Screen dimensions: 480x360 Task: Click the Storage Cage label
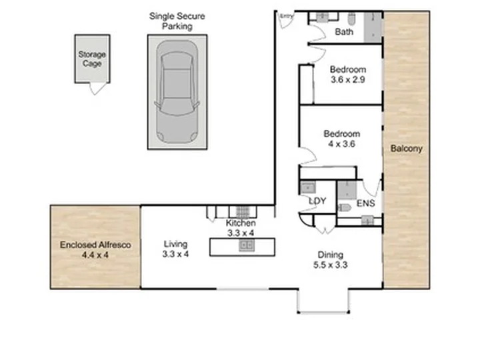92,59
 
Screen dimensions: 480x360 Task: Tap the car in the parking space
177,92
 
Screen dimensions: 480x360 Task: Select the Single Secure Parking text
177,21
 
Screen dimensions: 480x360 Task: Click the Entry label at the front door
287,16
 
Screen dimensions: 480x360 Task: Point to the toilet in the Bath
352,19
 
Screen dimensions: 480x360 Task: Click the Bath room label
344,32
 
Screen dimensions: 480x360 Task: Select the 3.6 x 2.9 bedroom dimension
348,79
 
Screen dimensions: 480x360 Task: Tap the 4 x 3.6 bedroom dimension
341,144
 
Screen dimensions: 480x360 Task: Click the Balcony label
407,149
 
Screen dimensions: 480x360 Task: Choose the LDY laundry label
317,201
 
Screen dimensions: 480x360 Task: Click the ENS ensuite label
366,203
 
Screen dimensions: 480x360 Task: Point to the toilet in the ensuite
344,208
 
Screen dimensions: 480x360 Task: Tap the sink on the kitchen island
247,245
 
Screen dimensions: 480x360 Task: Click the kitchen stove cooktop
243,212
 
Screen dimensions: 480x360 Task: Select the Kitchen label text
241,223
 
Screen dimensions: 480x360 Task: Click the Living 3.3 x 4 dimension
175,254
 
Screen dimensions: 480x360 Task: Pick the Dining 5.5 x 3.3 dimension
330,265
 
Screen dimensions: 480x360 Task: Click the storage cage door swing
97,89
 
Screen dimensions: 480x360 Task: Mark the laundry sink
307,187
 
